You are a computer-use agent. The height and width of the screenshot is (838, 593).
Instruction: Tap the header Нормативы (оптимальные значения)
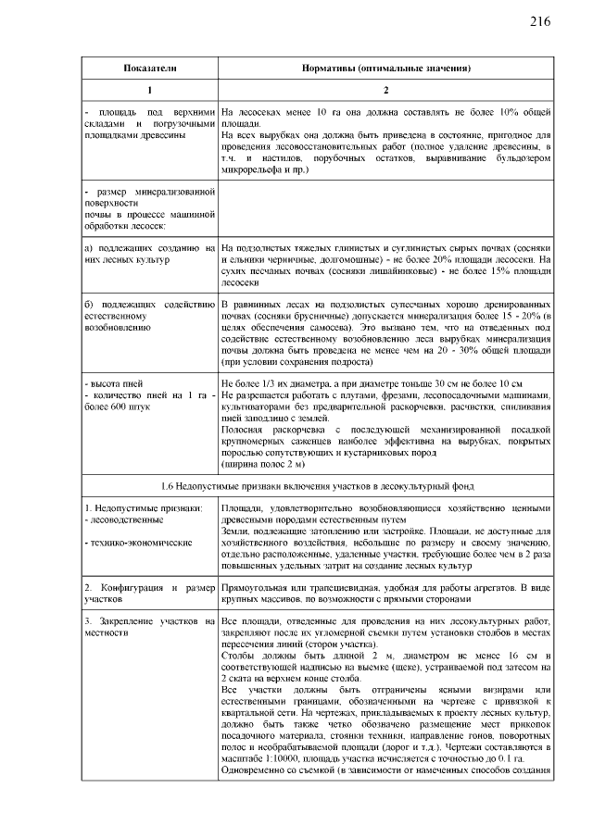(386, 69)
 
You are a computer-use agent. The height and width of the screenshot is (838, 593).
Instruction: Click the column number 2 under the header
(386, 90)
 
